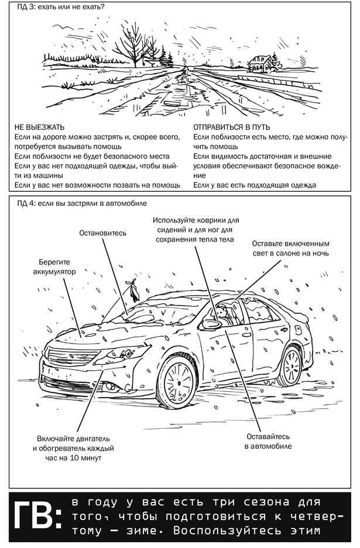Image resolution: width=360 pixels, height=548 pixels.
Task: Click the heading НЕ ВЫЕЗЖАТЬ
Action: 40,127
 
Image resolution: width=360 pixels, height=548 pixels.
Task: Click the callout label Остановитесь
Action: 103,233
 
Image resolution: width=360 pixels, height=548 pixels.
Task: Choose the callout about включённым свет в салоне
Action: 291,248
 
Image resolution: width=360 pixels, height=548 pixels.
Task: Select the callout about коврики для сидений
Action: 193,230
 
